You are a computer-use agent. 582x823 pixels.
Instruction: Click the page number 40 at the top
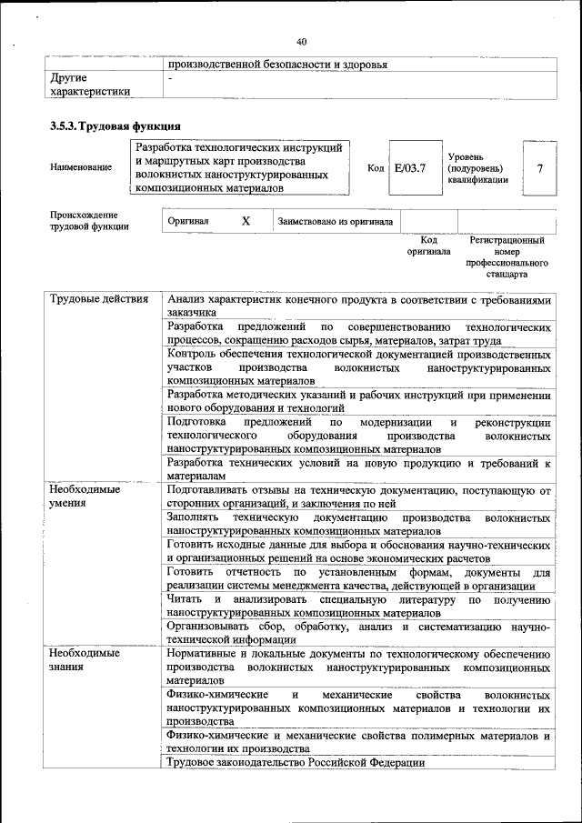click(x=301, y=41)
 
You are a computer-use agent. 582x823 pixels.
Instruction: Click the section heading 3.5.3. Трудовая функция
click(x=115, y=125)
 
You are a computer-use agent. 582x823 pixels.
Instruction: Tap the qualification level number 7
click(x=540, y=168)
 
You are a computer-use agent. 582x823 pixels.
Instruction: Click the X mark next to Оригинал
click(x=246, y=221)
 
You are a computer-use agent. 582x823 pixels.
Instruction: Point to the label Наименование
click(x=82, y=167)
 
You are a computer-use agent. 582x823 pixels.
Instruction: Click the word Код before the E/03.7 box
click(x=376, y=168)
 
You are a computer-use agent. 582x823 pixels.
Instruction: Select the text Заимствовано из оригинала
click(x=336, y=221)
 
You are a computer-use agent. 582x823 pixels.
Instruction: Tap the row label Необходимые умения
click(x=85, y=496)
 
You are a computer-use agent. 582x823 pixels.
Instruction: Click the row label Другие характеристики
click(x=90, y=85)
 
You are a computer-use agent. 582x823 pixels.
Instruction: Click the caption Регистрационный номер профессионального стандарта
click(x=507, y=256)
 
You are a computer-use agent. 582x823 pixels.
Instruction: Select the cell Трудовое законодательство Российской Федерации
click(x=296, y=763)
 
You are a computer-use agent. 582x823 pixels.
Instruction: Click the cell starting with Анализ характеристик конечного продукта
click(x=359, y=306)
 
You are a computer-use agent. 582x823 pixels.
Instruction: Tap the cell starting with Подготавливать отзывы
click(x=359, y=496)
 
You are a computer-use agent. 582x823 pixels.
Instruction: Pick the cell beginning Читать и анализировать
click(x=359, y=606)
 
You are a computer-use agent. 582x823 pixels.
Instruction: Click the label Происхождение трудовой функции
click(x=89, y=221)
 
